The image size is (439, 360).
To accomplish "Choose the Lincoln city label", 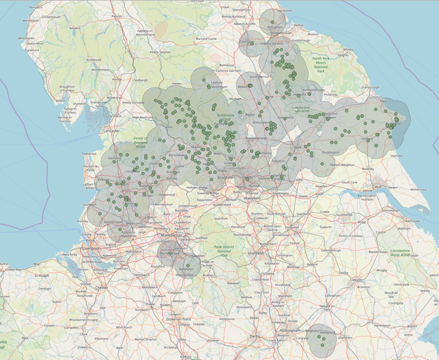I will [x=357, y=280].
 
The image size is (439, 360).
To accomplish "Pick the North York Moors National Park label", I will [x=320, y=64].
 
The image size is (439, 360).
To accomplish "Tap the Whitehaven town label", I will [x=26, y=38].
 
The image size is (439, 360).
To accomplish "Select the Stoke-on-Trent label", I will [x=177, y=319].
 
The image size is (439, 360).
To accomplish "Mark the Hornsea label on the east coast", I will [x=396, y=156].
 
